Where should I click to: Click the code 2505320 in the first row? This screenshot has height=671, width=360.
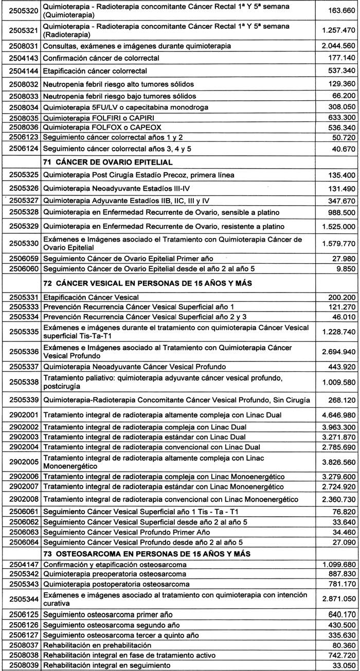coord(20,11)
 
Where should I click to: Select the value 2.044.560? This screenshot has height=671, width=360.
coord(337,46)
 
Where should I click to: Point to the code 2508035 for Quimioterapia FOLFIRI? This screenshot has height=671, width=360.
coord(20,116)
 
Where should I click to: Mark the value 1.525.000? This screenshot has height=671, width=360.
coord(337,226)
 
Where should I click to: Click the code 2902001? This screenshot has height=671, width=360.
coord(20,414)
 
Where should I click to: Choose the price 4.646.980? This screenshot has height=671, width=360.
coord(337,414)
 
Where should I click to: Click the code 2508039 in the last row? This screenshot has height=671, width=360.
coord(20,665)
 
